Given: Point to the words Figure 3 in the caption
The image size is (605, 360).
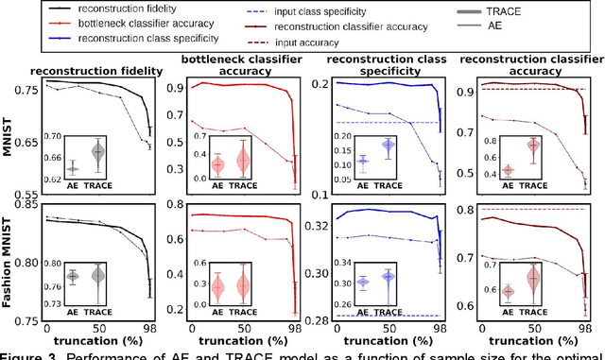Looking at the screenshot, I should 29,355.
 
